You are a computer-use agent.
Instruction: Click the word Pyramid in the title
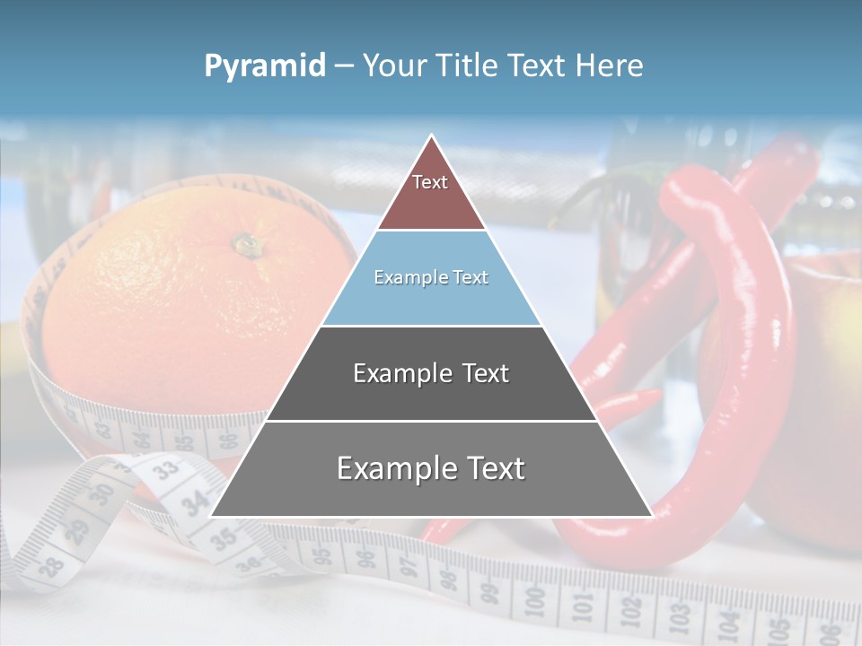[264, 65]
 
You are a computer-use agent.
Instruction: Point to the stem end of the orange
[244, 243]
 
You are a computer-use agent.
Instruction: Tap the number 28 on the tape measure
[51, 565]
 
